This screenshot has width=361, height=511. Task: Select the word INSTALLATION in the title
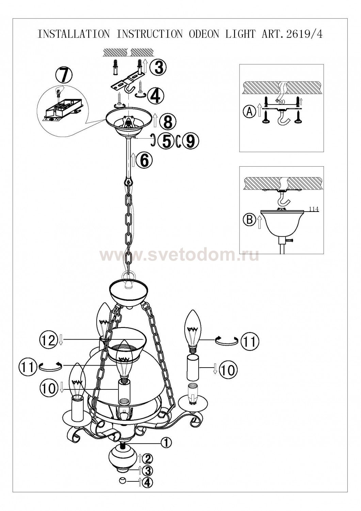click(x=73, y=34)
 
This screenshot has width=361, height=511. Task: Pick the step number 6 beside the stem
click(x=144, y=160)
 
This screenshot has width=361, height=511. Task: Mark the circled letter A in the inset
click(x=250, y=111)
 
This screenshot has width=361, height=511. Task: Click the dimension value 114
click(x=314, y=209)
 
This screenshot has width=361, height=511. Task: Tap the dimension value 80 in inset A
click(x=282, y=102)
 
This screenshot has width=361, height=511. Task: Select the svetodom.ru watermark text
click(x=179, y=256)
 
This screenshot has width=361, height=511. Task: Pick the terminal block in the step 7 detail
click(x=62, y=108)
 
